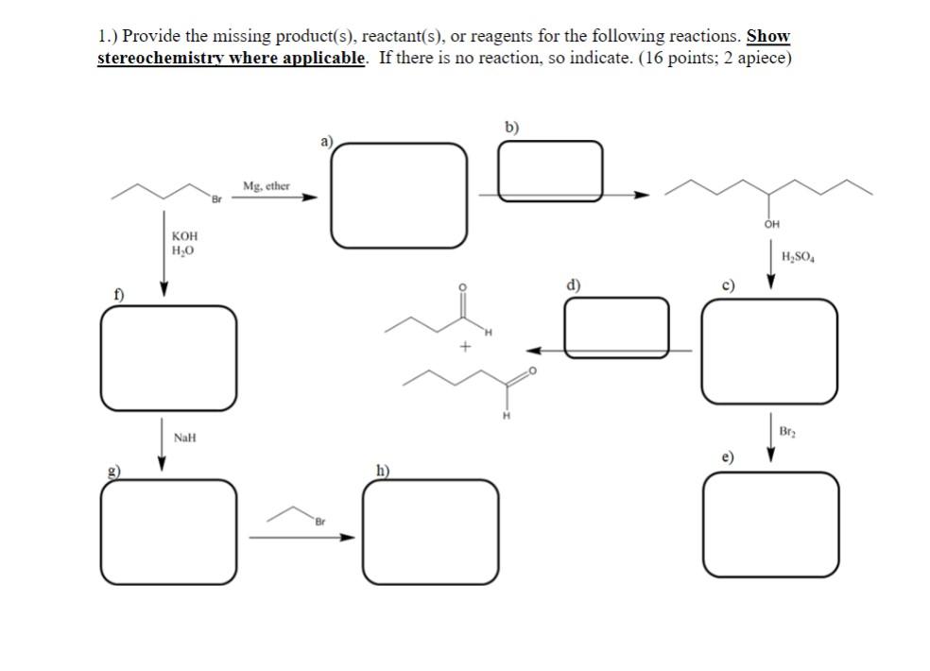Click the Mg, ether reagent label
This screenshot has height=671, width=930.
pos(266,186)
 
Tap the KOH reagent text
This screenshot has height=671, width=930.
pos(185,235)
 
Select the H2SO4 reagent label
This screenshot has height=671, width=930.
pos(799,256)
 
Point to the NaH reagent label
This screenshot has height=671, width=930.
pos(185,438)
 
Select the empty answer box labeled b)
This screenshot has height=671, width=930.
pos(549,171)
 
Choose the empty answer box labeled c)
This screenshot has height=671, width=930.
pos(768,351)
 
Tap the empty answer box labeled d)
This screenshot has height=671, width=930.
pos(616,327)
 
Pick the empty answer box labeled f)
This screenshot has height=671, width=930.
pos(169,358)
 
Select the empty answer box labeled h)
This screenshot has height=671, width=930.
pos(430,532)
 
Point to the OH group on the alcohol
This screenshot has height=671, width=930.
pos(772,225)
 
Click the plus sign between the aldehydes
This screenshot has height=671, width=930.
pos(464,347)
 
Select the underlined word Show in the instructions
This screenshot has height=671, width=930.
pos(767,37)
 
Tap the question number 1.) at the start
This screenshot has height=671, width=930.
pos(107,37)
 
